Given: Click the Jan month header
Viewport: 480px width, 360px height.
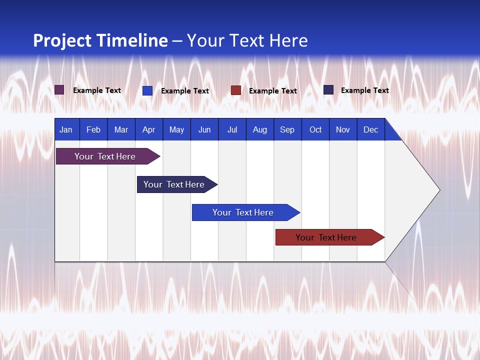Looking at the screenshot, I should point(66,129).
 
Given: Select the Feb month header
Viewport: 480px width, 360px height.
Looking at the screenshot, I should point(93,129).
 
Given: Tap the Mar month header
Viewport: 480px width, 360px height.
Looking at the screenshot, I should point(121,129).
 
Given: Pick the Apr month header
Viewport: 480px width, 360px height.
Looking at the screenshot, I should point(149,129).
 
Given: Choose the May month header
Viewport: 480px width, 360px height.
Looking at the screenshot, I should point(176,129).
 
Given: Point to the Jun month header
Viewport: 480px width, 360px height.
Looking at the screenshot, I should point(204,129).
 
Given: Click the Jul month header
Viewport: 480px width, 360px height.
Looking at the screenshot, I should point(232,129).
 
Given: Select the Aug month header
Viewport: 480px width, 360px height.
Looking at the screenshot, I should point(260,129).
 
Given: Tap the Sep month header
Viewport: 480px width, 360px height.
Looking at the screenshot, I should point(287,129).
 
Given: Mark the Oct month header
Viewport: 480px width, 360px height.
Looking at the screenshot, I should point(315,129).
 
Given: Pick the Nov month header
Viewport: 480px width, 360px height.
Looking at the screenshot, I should point(343,129).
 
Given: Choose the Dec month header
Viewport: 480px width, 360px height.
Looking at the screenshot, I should point(371,129).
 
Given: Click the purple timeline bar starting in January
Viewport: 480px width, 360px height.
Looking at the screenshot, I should point(105,156).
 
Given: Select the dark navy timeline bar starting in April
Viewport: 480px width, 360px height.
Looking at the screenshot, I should point(174,184).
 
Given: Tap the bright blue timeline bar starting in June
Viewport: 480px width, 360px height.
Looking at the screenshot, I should point(243,212).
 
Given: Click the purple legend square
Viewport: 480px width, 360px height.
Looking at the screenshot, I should point(59,90).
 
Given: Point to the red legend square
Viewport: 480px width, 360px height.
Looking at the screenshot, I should point(236,90).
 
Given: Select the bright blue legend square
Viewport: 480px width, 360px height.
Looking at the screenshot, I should point(147,90).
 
